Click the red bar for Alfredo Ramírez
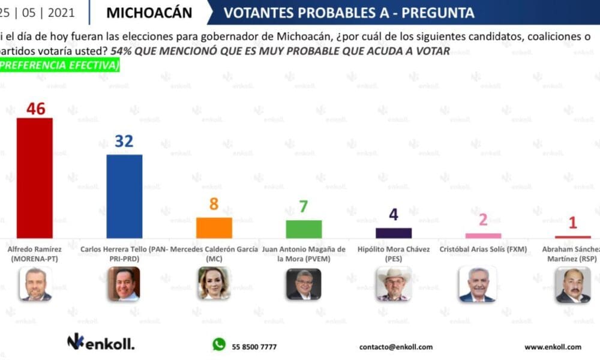point(34,178)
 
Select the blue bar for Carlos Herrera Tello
point(124,196)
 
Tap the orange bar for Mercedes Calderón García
point(214,227)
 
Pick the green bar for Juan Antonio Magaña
point(304,229)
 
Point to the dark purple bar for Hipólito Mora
point(394,233)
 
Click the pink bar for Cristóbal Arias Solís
point(483,236)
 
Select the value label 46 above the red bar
point(35,109)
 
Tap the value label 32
point(124,141)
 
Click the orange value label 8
point(214,204)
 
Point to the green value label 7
point(304,207)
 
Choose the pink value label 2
point(483,220)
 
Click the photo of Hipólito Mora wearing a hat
point(393,284)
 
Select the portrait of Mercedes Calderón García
point(214,283)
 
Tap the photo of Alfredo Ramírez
point(35,284)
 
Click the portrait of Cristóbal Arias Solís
point(477,284)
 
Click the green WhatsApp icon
point(219,344)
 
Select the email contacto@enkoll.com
point(395,347)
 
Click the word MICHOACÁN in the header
point(149,13)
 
